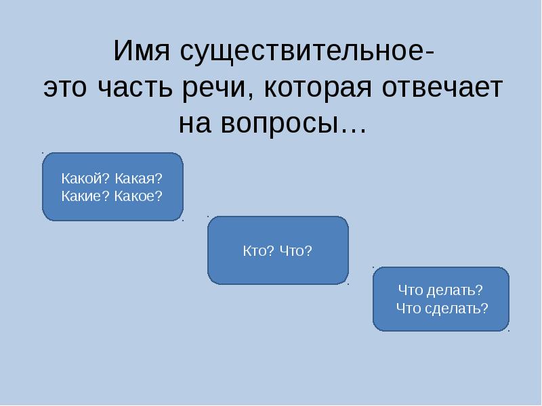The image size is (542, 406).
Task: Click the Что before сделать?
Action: [x=412, y=308]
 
